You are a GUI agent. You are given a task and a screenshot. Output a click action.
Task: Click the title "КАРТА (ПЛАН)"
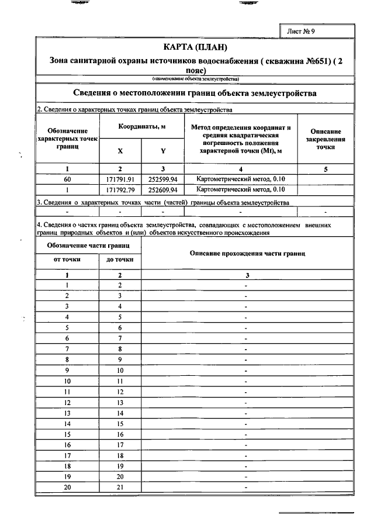[x=195, y=47]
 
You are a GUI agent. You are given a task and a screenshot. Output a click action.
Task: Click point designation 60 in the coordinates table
[x=68, y=179]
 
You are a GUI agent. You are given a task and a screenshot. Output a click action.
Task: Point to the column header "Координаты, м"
[x=142, y=126]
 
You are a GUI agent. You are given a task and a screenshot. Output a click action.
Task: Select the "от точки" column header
[x=68, y=259]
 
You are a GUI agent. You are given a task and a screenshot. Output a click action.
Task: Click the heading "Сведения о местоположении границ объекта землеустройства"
[x=195, y=94]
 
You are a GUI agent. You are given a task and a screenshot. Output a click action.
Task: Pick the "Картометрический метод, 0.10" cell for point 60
[x=241, y=179]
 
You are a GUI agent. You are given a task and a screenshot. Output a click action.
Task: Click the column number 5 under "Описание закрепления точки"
[x=325, y=169]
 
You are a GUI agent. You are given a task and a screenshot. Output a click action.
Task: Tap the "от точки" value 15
[x=68, y=434]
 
